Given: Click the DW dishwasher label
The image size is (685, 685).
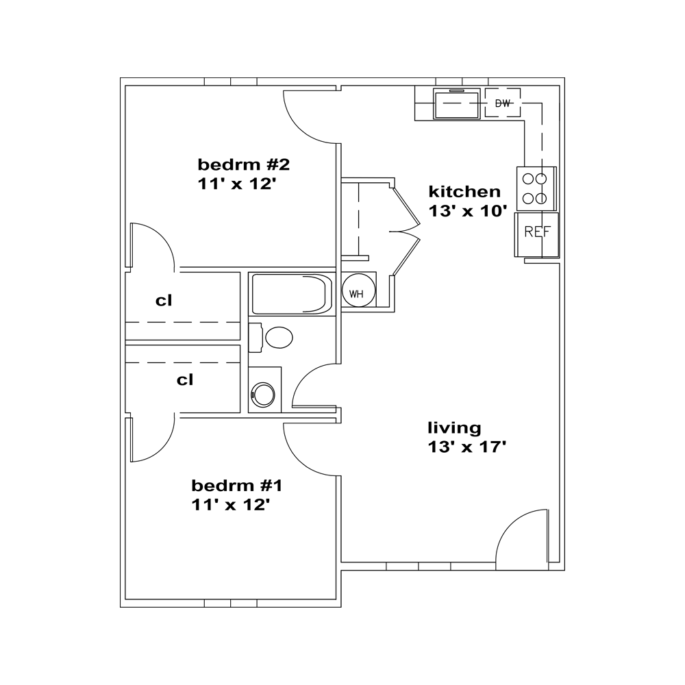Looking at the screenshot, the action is [x=503, y=103].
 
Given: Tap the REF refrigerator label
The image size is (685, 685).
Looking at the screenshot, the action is [x=537, y=232].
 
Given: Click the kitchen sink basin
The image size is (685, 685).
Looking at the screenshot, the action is [x=457, y=104].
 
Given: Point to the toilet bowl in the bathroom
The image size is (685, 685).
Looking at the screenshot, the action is [x=279, y=337].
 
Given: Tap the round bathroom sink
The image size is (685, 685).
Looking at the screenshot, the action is [x=264, y=395].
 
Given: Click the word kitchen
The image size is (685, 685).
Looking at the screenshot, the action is [x=464, y=191].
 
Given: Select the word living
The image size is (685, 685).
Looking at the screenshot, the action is [x=454, y=428].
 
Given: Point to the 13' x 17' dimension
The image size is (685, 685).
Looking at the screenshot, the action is [x=466, y=447].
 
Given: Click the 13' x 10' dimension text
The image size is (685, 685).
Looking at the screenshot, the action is [x=467, y=211].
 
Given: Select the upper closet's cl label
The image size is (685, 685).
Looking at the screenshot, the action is [x=164, y=301].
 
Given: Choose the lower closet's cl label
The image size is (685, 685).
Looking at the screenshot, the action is [x=185, y=380].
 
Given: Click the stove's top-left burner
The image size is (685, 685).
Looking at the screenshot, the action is [x=528, y=179].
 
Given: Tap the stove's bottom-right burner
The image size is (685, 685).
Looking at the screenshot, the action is [x=541, y=199].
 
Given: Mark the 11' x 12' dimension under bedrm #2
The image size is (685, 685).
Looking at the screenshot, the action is [x=237, y=184].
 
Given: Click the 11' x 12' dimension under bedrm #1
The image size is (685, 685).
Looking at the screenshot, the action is [x=231, y=505].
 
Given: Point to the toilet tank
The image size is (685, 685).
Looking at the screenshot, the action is [x=255, y=337].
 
